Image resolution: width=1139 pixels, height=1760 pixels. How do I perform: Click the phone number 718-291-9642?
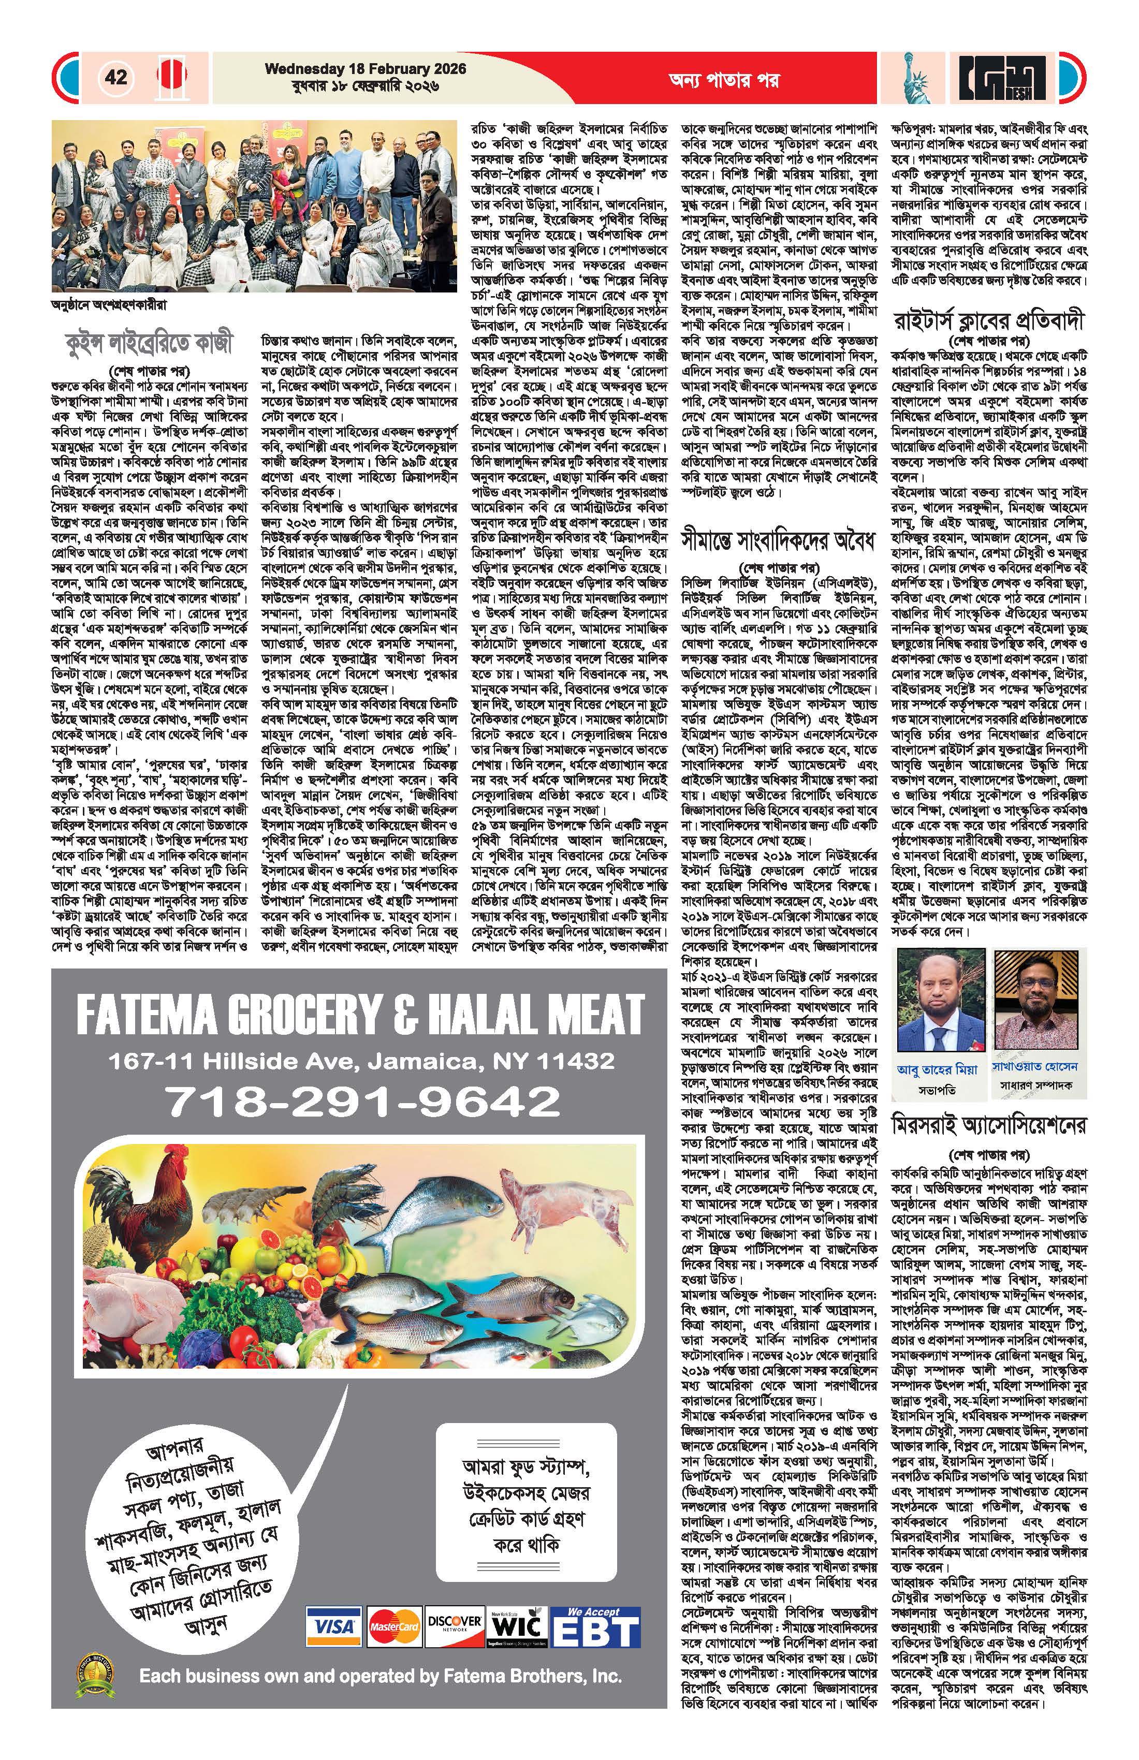(x=362, y=1101)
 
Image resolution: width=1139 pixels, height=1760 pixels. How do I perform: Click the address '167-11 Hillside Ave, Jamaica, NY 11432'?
(x=362, y=1061)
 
